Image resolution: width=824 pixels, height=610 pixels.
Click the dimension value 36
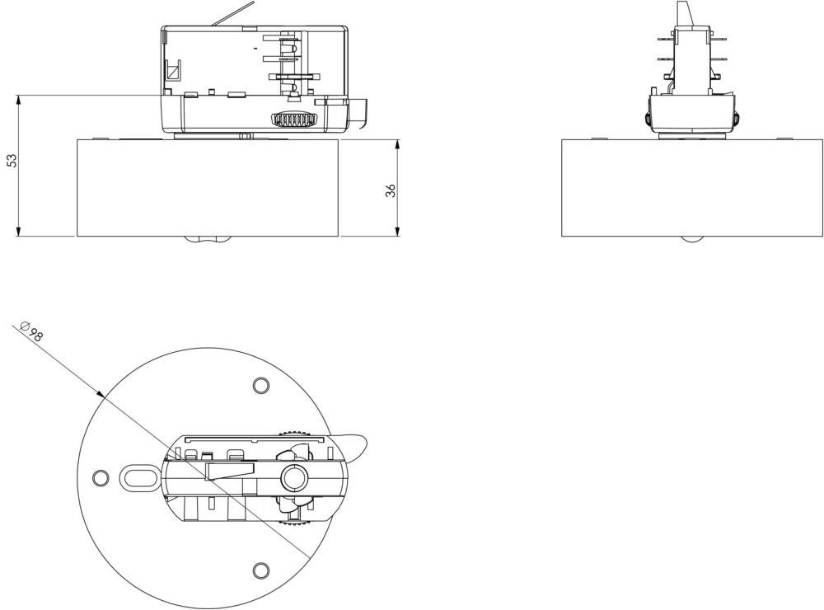391,190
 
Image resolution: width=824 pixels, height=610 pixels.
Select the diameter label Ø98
32,332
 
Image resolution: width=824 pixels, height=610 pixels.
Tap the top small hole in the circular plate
260,385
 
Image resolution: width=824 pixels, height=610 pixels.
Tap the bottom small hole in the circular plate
260,570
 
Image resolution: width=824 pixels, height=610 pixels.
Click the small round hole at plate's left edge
101,477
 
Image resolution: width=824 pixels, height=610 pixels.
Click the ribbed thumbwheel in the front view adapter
294,120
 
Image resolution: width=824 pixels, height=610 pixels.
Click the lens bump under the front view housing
206,240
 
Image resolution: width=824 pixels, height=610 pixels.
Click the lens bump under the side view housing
692,239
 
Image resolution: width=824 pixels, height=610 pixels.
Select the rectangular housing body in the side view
692,188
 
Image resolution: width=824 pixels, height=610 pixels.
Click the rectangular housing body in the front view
208,188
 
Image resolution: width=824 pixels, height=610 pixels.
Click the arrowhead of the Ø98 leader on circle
102,396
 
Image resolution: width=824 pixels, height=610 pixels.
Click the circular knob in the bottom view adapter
293,477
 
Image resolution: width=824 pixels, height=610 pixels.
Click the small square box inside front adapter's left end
173,72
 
